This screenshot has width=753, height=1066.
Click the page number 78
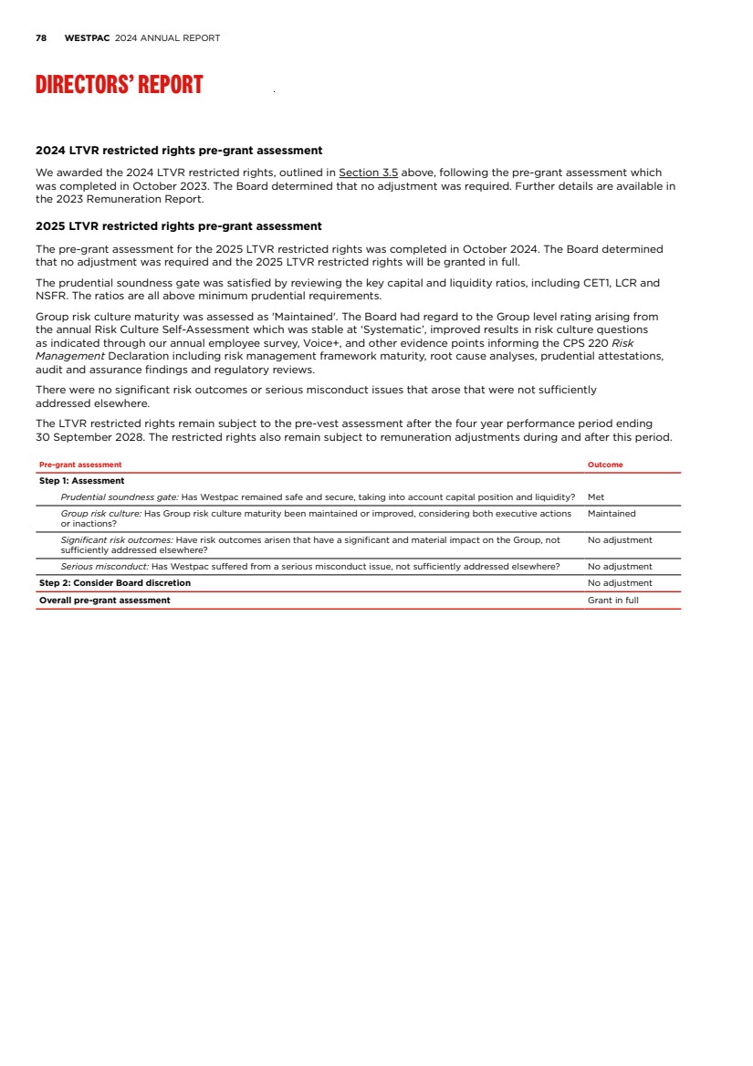point(41,38)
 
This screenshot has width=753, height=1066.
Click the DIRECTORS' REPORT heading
point(119,85)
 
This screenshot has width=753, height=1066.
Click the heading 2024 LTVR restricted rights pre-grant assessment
point(179,151)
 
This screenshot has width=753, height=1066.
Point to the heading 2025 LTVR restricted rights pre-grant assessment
point(179,226)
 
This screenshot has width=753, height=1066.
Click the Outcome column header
point(605,465)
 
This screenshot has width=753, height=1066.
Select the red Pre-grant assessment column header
point(80,465)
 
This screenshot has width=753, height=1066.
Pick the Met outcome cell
point(596,497)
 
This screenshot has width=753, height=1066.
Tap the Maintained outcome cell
point(612,514)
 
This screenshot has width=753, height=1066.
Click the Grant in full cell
point(613,601)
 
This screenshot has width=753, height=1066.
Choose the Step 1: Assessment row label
point(82,481)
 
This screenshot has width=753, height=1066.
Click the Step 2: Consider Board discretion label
point(115,583)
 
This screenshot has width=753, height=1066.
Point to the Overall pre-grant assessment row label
point(105,601)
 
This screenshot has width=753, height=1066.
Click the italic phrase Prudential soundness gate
point(119,497)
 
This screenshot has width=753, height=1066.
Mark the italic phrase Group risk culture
point(100,514)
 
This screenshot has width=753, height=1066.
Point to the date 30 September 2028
point(86,438)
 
